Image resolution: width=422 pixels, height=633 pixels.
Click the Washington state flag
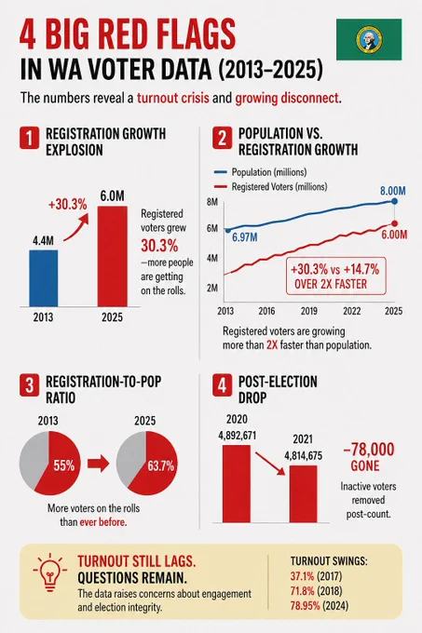tap(369, 39)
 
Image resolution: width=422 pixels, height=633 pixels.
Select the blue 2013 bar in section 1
tap(43, 278)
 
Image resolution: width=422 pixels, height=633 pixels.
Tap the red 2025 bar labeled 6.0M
tap(113, 256)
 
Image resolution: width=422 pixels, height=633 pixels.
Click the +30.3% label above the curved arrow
tap(67, 205)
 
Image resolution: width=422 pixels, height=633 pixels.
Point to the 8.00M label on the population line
tap(392, 191)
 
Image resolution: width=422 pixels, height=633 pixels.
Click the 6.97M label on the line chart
tap(245, 237)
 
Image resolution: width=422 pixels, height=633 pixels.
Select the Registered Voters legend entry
tap(270, 187)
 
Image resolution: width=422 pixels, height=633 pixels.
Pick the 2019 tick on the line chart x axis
tap(309, 311)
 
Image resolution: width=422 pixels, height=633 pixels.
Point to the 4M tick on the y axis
tap(212, 258)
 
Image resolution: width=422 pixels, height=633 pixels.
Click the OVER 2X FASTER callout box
tap(335, 276)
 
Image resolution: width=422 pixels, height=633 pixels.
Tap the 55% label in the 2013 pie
tap(64, 465)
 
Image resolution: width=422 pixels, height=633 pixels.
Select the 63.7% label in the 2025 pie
tap(161, 466)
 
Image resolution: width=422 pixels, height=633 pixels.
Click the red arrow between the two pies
tap(99, 464)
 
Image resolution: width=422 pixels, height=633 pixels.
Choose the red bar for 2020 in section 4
tap(237, 484)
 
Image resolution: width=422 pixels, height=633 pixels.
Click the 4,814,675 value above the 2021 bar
tap(304, 456)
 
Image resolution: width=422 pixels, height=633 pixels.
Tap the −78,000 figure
tap(368, 450)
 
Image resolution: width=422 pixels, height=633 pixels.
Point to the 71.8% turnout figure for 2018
tap(302, 591)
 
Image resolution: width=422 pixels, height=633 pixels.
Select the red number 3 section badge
tap(30, 385)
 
